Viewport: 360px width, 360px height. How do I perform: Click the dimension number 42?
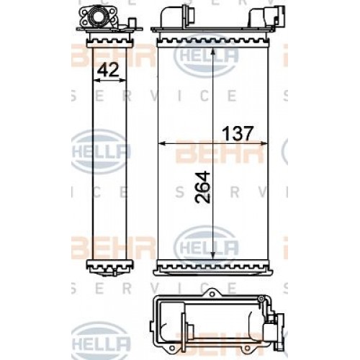pos(107,70)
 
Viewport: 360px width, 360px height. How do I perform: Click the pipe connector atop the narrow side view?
pos(102,16)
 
